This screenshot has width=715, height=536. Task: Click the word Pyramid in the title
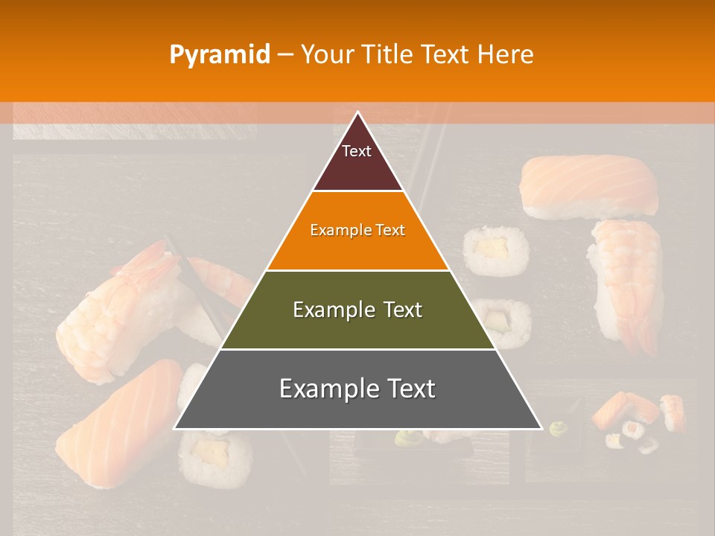pyautogui.click(x=219, y=55)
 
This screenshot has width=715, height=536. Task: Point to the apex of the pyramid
pyautogui.click(x=357, y=113)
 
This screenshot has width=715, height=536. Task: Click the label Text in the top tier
pyautogui.click(x=357, y=151)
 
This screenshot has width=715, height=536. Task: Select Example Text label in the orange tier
pyautogui.click(x=357, y=230)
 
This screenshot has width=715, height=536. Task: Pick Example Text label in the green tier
pyautogui.click(x=357, y=310)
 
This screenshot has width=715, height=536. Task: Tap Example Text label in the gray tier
pyautogui.click(x=357, y=389)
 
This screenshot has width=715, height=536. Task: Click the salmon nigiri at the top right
pyautogui.click(x=588, y=186)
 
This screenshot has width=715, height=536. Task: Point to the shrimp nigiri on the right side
pyautogui.click(x=627, y=283)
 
